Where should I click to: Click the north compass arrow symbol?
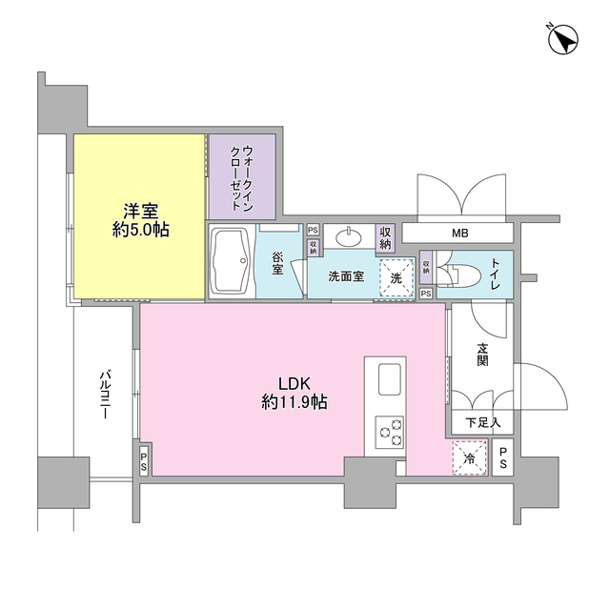click(563, 39)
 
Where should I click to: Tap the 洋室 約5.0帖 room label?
click(140, 220)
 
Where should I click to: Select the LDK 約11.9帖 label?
click(295, 393)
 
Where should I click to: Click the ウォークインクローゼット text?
click(242, 178)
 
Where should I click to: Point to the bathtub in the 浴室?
click(230, 260)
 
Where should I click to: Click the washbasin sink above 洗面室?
click(349, 236)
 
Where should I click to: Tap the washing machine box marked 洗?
click(396, 277)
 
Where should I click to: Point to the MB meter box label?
click(459, 234)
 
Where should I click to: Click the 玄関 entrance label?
click(482, 354)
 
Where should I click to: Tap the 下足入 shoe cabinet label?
click(483, 422)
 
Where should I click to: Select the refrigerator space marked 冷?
click(470, 457)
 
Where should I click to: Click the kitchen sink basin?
click(390, 379)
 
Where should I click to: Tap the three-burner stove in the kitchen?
click(389, 432)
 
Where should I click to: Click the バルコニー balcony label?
click(105, 396)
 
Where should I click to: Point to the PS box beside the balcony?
click(144, 460)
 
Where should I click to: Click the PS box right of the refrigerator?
click(502, 457)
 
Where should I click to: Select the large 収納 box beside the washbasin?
click(385, 238)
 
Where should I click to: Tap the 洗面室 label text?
click(346, 276)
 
